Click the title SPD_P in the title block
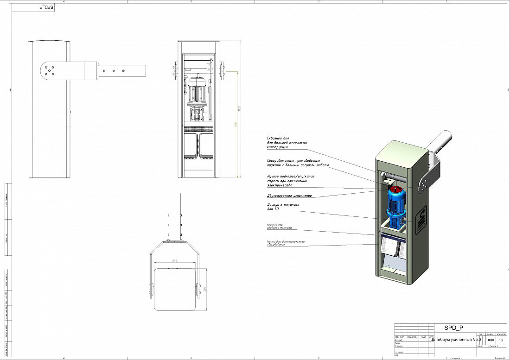(x=453, y=328)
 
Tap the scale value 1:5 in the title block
(x=501, y=340)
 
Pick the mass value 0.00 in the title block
(x=491, y=340)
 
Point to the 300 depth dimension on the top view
(x=204, y=289)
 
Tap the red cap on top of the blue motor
(x=395, y=189)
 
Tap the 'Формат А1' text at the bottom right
(x=499, y=358)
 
